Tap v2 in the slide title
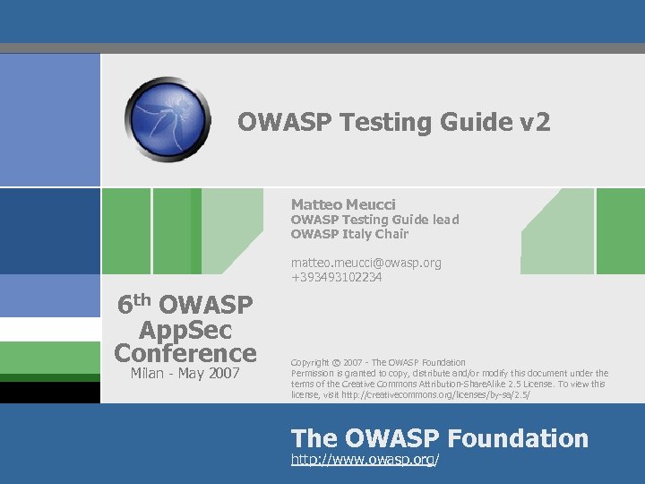(x=534, y=122)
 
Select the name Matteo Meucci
(x=343, y=204)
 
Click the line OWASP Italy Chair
(x=349, y=234)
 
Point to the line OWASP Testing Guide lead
(x=374, y=220)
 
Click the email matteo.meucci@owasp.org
(x=365, y=263)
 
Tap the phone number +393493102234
(x=336, y=277)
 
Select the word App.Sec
(x=185, y=329)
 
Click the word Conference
(x=185, y=352)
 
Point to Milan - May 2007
(x=185, y=372)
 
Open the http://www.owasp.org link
(x=365, y=460)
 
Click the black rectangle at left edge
(x=49, y=393)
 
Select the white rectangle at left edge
(x=49, y=330)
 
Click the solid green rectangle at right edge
(x=620, y=231)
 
